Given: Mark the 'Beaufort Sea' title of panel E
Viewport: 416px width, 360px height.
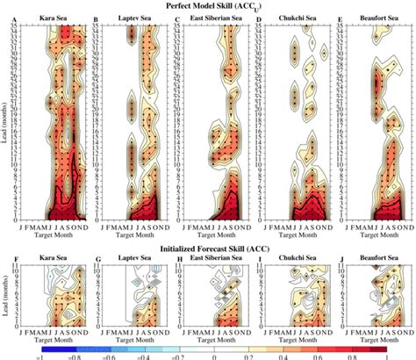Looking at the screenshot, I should point(369,18).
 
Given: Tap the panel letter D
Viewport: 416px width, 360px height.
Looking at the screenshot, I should point(259,18).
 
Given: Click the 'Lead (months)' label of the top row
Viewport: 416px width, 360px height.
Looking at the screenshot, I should point(6,123).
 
